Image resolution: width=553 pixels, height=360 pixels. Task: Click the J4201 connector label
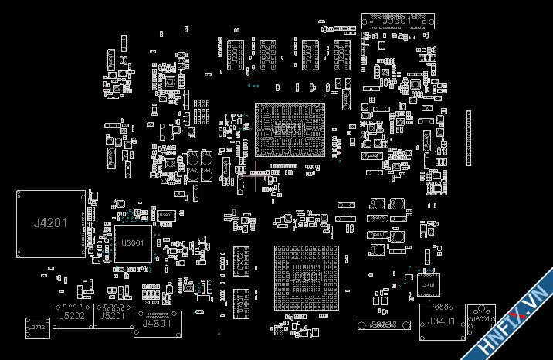tap(50, 223)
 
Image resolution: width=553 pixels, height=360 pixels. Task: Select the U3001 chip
tap(133, 243)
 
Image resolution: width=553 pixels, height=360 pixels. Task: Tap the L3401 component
tap(427, 284)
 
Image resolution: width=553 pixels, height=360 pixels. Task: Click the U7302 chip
tap(240, 260)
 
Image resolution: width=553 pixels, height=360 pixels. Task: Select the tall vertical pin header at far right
tap(468, 138)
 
